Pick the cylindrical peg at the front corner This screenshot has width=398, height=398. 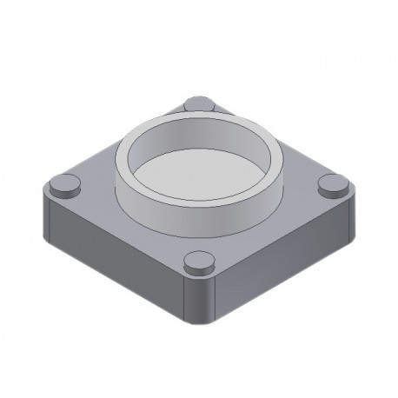point(199,261)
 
